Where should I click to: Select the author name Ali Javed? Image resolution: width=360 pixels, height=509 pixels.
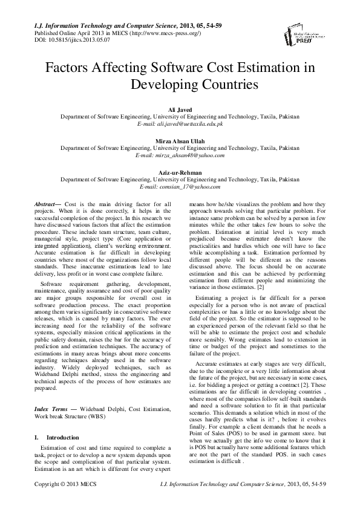180,108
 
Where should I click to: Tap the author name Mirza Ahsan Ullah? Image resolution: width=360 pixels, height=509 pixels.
180,140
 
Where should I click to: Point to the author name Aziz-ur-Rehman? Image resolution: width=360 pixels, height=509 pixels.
180,172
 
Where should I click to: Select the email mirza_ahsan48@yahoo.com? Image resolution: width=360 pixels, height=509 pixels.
189,155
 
